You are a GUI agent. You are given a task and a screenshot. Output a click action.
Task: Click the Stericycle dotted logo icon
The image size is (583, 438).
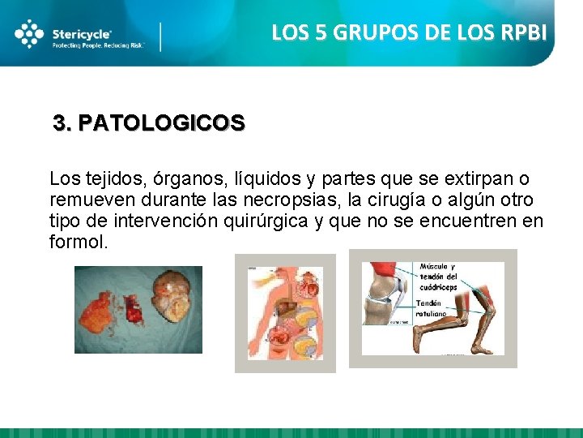(29, 34)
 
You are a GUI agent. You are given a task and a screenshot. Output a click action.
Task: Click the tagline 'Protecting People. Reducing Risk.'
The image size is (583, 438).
(98, 46)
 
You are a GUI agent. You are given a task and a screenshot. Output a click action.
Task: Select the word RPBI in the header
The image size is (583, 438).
(523, 32)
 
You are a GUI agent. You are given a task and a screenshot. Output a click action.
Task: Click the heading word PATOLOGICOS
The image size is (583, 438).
(162, 123)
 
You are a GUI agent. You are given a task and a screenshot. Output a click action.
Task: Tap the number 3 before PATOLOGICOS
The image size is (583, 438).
(60, 123)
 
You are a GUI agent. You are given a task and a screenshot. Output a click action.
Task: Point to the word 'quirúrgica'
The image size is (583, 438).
(264, 221)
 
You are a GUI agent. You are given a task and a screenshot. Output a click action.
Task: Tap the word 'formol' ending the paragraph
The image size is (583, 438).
(76, 243)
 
